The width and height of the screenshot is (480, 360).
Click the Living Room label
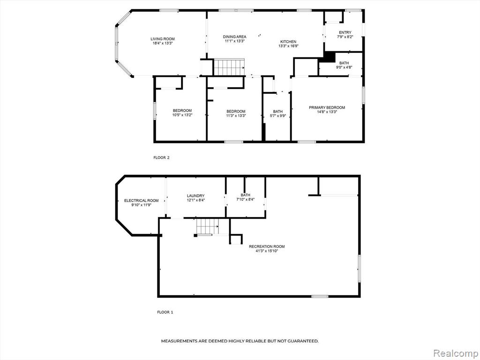[163, 39]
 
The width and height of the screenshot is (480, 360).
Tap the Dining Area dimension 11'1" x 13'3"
[234, 41]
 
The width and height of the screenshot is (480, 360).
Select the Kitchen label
[288, 42]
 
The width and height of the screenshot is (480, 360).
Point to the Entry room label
[345, 32]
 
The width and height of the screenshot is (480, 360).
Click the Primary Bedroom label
[327, 107]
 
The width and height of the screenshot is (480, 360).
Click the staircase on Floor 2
[229, 67]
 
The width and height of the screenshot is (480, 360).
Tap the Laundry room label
[195, 196]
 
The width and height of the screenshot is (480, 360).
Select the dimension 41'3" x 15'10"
[267, 251]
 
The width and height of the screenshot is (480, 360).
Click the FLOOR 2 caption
[161, 157]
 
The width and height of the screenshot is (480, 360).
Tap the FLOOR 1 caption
[165, 312]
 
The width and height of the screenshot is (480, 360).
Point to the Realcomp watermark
[456, 353]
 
